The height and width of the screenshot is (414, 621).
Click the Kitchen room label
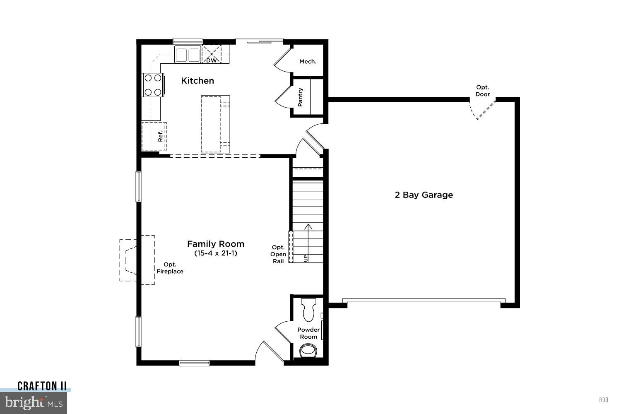pos(197,81)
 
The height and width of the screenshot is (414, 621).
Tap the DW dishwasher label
pos(211,60)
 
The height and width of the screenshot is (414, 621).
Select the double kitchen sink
pos(187,55)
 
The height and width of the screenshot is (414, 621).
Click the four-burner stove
pos(152,85)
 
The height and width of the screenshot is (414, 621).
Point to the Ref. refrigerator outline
pos(154,136)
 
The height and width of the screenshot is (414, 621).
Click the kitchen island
pos(215,124)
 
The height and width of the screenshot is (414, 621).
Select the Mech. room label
pos(308,62)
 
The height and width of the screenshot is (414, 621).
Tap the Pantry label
pos(301,97)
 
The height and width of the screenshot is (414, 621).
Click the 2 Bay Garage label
pos(424,195)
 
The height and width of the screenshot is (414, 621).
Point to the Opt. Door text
pos(482,91)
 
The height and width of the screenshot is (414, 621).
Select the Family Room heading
pos(216,244)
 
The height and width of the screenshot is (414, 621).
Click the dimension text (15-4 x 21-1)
pos(216,253)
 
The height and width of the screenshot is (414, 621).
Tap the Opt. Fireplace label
pos(170,268)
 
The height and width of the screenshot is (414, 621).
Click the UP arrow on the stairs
pos(308,240)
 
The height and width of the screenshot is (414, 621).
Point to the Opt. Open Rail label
pos(278,254)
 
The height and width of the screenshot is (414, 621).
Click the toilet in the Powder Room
pos(309,310)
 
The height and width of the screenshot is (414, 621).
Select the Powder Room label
pos(308,333)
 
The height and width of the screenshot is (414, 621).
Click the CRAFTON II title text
pos(42,386)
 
